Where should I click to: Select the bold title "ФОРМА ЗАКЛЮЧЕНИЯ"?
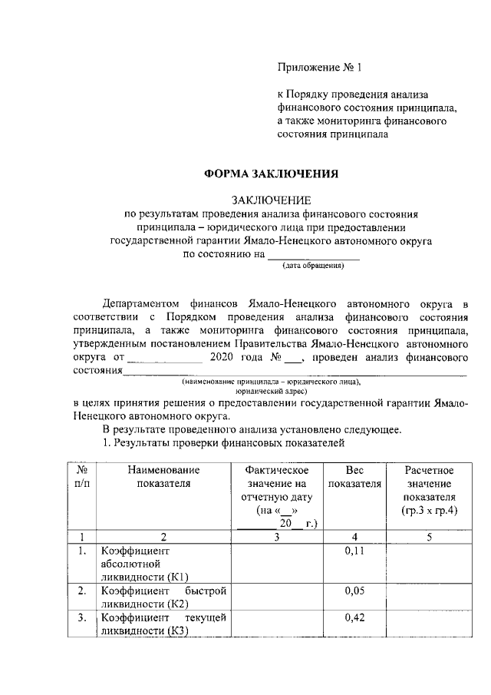(x=270, y=174)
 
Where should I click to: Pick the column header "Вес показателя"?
(x=354, y=477)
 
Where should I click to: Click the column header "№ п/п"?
(x=81, y=477)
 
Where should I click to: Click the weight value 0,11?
(x=354, y=551)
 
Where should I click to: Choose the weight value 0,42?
(x=354, y=618)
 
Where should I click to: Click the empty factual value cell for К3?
(x=276, y=625)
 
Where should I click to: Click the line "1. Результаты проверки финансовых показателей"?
(x=223, y=443)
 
